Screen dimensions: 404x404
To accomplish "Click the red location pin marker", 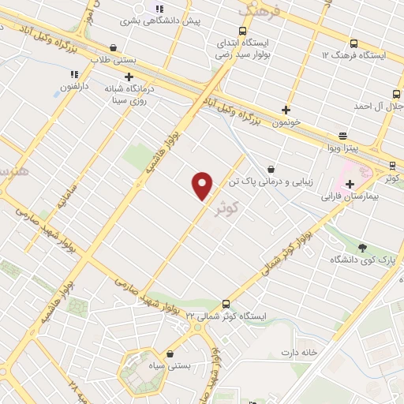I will pos(203,186).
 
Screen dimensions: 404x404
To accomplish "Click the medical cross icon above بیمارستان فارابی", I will pos(350,184).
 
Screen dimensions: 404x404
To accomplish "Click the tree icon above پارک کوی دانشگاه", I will pos(362,248).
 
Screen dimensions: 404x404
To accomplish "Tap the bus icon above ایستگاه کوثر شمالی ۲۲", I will pos(226,304).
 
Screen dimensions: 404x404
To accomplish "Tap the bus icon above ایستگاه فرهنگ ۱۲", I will pos(352,43).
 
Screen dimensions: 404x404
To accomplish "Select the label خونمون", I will pos(286,123).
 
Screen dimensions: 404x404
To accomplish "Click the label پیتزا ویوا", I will pos(343,148).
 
